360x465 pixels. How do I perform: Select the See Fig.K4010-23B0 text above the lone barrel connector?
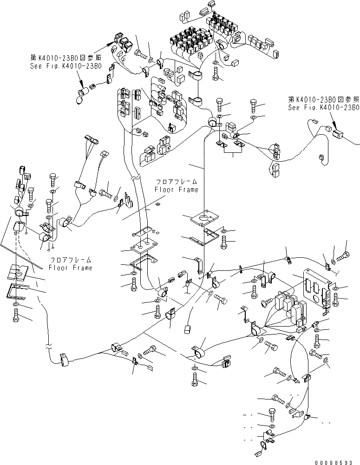pyautogui.click(x=323, y=107)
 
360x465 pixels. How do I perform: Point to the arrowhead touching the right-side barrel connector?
pyautogui.click(x=333, y=127)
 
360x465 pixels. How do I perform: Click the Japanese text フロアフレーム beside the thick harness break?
pyautogui.click(x=176, y=182)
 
